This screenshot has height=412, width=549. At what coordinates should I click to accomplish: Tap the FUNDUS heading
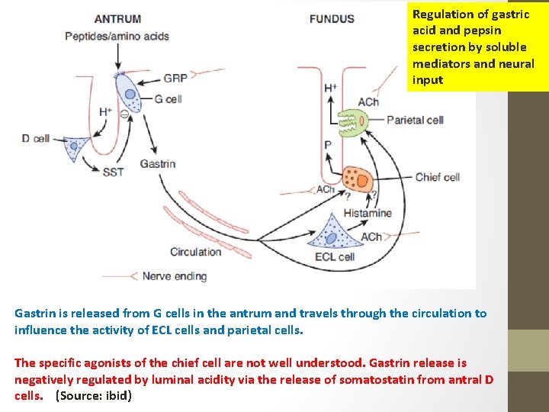pyautogui.click(x=332, y=18)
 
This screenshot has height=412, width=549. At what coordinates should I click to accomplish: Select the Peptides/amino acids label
pyautogui.click(x=117, y=36)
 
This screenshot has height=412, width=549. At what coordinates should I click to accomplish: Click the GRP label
pyautogui.click(x=175, y=77)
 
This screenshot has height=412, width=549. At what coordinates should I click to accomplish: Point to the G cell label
pyautogui.click(x=169, y=98)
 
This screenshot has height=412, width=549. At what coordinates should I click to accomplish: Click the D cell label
pyautogui.click(x=36, y=138)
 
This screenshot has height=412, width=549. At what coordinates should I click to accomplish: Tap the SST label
pyautogui.click(x=113, y=172)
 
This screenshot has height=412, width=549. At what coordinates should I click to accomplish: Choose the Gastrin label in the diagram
pyautogui.click(x=158, y=163)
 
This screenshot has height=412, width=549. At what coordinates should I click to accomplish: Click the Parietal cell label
pyautogui.click(x=415, y=120)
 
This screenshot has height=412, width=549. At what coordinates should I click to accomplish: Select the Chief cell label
pyautogui.click(x=437, y=178)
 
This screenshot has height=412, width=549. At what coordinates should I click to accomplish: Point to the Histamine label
pyautogui.click(x=368, y=213)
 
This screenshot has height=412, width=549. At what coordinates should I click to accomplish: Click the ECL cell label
pyautogui.click(x=335, y=257)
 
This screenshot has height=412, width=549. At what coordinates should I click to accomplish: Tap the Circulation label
pyautogui.click(x=195, y=252)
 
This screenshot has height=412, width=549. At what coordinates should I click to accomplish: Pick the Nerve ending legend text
pyautogui.click(x=175, y=275)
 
